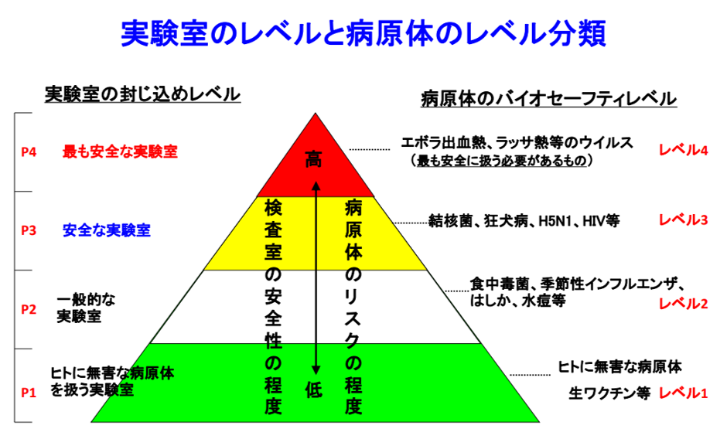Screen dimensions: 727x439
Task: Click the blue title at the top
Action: click(363, 33)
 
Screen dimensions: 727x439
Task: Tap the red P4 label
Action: click(29, 152)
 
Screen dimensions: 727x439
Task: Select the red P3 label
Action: click(29, 230)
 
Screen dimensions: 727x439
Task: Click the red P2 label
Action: click(29, 309)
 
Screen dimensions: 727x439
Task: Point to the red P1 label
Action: click(29, 393)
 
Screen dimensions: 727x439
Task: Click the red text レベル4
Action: click(684, 150)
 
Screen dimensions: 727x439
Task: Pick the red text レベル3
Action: click(684, 219)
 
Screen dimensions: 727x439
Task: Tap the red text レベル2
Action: click(684, 304)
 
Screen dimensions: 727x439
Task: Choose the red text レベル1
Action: click(684, 393)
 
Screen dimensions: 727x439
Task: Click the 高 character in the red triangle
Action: click(313, 159)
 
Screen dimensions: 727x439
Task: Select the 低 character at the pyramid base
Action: click(313, 390)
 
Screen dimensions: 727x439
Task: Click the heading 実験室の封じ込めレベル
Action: click(142, 94)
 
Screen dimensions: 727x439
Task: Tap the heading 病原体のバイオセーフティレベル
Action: click(549, 99)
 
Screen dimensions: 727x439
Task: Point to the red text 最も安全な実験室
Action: click(120, 151)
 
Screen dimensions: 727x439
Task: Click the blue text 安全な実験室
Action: click(107, 230)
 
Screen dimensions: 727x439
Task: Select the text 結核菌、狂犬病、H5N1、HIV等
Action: click(524, 221)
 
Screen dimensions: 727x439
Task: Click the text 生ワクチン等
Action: click(609, 393)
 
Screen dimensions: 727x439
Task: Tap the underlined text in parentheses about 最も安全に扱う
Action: click(502, 161)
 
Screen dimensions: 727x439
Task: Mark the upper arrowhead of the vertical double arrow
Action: click(316, 186)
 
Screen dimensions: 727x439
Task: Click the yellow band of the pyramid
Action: click(316, 233)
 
